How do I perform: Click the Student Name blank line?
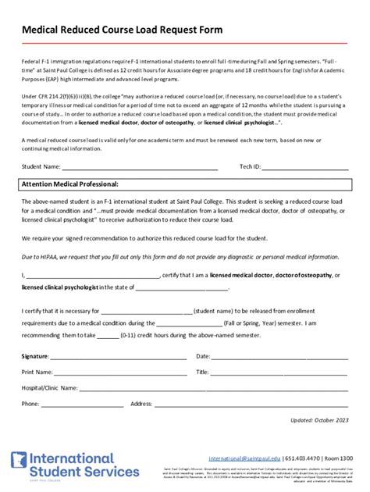(140, 166)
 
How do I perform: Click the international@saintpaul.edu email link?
(243, 458)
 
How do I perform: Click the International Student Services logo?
(62, 465)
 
